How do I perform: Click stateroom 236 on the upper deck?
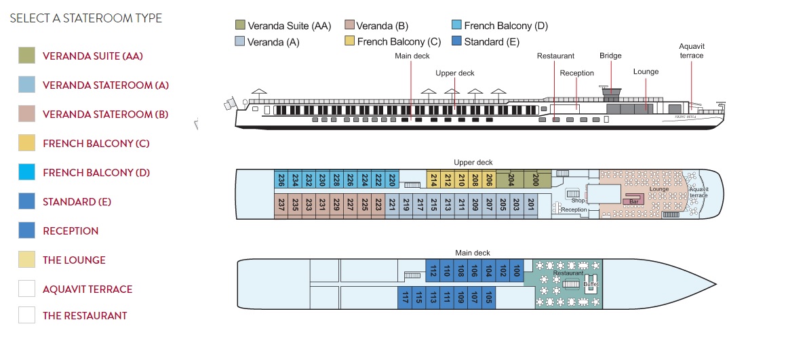point(281,180)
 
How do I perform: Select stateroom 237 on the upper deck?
point(281,205)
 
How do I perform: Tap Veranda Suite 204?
point(511,180)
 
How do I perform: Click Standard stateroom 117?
point(405,298)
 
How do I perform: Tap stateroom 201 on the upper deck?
point(531,205)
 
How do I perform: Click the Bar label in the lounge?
point(633,201)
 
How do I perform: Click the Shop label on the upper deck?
point(577,200)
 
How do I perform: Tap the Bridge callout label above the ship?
point(610,56)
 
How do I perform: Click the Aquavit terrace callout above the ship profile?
point(692,51)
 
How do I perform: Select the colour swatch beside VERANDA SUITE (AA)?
point(26,56)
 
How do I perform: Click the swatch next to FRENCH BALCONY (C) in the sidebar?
point(26,143)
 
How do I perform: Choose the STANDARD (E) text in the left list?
point(77,202)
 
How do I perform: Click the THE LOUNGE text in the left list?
point(74,260)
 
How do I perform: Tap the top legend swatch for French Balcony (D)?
point(458,26)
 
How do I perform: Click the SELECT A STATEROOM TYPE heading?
point(86,18)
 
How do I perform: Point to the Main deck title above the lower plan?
point(473,253)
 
